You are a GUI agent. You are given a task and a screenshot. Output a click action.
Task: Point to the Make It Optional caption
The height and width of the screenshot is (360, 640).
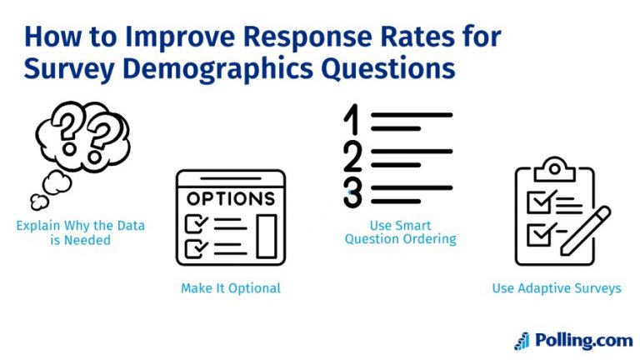[231, 288]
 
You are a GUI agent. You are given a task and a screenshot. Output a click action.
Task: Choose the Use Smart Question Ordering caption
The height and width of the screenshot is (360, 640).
[402, 232]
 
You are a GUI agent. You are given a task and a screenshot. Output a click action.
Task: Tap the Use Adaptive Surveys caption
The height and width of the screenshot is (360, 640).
[557, 288]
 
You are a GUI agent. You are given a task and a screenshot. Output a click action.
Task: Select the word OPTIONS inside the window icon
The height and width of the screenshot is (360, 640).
[230, 199]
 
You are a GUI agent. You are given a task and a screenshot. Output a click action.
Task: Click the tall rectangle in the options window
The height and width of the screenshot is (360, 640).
[266, 236]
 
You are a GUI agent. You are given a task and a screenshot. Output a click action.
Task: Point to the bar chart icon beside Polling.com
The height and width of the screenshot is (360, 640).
[522, 340]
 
